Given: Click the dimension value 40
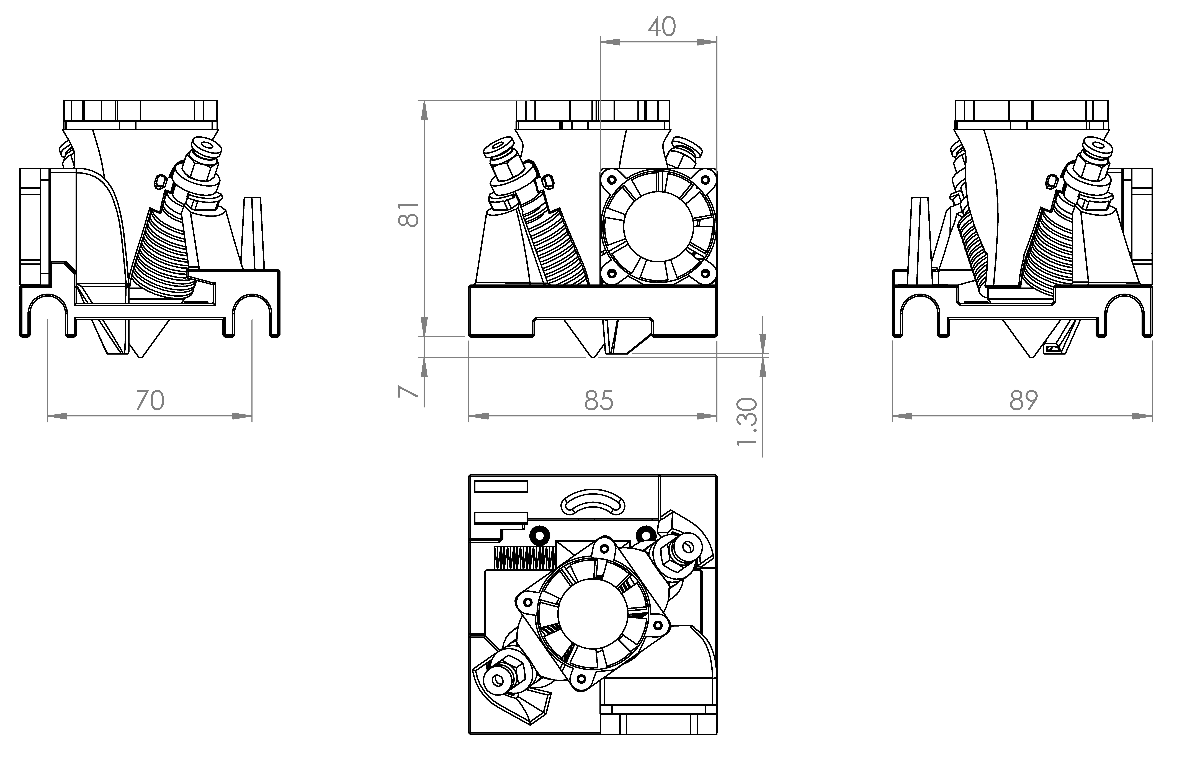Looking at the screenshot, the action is pyautogui.click(x=662, y=26).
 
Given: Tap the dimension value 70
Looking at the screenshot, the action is pyautogui.click(x=150, y=400).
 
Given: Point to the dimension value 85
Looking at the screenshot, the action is pyautogui.click(x=598, y=400).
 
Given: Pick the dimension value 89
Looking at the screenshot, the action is pyautogui.click(x=1023, y=400).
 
